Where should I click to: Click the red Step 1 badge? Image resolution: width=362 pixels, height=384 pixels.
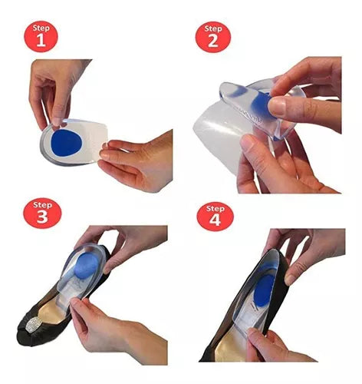pos(41,37)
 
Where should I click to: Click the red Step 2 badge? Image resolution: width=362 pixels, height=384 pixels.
pos(213,37)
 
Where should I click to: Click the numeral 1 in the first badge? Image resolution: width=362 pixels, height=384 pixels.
pos(41,41)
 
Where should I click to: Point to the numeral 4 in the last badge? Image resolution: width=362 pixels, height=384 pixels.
pos(215,220)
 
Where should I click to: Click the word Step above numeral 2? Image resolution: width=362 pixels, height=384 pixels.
pos(213,28)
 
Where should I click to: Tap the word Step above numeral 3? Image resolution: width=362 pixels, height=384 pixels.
pos(42,205)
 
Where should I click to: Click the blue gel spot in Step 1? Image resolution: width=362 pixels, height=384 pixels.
pos(67,143)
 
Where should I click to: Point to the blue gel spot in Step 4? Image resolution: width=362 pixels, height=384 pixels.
pos(265,295)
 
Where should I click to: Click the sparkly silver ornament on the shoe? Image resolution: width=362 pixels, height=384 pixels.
pos(35,326)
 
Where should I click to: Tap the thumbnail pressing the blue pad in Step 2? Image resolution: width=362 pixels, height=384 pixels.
pos(277,106)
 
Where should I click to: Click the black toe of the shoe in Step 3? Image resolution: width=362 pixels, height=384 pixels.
pos(28,333)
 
